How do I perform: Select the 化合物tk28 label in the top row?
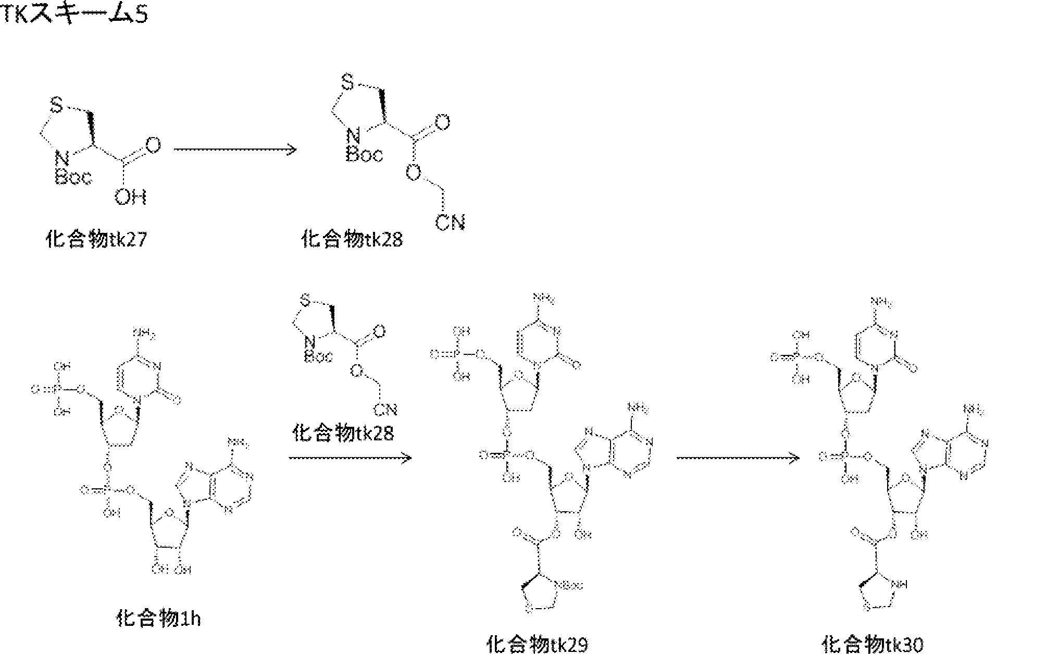click(x=352, y=240)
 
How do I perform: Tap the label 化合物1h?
click(x=158, y=619)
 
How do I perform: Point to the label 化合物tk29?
click(x=537, y=645)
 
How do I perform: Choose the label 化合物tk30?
click(x=872, y=645)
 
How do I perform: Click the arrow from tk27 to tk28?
click(x=234, y=150)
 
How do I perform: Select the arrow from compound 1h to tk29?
click(x=350, y=458)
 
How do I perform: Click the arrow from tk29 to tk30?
click(x=738, y=458)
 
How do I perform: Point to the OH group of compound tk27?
click(x=130, y=197)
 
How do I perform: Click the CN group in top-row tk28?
click(x=450, y=223)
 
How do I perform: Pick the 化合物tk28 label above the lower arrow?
click(x=343, y=433)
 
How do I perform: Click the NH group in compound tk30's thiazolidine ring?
click(x=900, y=585)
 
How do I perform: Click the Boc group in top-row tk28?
click(x=364, y=154)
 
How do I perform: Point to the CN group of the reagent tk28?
click(x=385, y=410)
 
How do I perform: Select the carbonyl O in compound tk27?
click(x=153, y=145)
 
